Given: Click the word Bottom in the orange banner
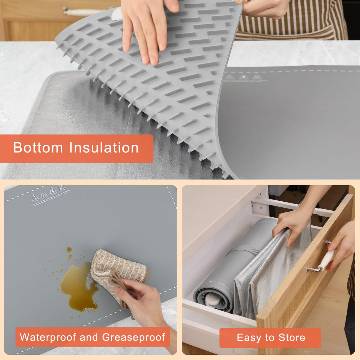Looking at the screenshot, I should coord(38,148).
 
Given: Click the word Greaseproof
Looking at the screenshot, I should coord(133,337).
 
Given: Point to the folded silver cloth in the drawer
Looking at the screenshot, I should coord(267,276).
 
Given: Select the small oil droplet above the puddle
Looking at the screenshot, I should coord(69,250).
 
